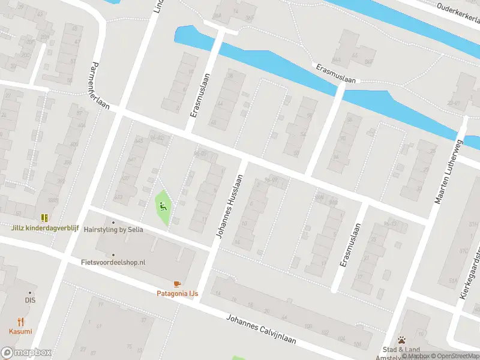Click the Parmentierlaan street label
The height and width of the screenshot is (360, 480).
(100, 85)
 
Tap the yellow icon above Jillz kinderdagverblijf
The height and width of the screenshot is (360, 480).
(44, 217)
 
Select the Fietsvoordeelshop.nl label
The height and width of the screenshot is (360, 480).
(113, 262)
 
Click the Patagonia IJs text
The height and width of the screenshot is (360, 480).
(177, 293)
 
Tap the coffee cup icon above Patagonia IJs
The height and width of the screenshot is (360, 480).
(177, 284)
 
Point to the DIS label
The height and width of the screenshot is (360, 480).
(30, 300)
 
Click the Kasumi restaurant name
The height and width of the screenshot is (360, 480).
(20, 331)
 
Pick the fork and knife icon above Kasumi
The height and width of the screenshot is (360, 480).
(20, 322)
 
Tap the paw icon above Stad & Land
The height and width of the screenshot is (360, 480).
(401, 340)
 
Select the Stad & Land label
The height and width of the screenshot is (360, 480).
(401, 349)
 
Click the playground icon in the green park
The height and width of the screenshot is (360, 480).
(163, 207)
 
